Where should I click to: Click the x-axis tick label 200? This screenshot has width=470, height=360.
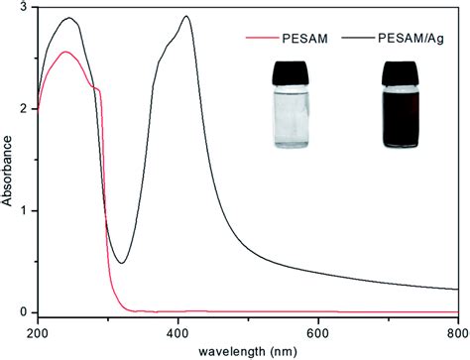(38, 333)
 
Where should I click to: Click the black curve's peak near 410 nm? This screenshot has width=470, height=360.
(186, 17)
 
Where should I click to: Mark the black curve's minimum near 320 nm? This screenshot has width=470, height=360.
(121, 263)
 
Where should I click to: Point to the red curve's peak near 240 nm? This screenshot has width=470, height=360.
(65, 52)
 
